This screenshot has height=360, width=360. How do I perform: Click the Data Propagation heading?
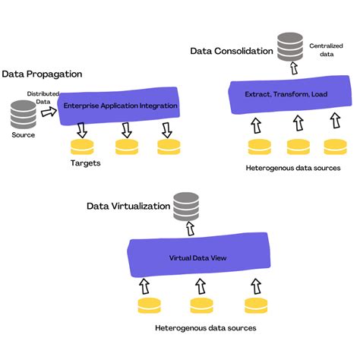(42, 74)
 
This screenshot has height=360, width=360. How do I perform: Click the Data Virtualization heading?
(128, 205)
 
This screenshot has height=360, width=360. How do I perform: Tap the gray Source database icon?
(24, 114)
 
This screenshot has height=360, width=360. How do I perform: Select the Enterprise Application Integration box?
(121, 105)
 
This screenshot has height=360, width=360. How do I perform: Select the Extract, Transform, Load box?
(286, 94)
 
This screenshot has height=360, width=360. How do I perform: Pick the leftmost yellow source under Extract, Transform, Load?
(259, 145)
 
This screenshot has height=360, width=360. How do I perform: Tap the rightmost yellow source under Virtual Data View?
(254, 305)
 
